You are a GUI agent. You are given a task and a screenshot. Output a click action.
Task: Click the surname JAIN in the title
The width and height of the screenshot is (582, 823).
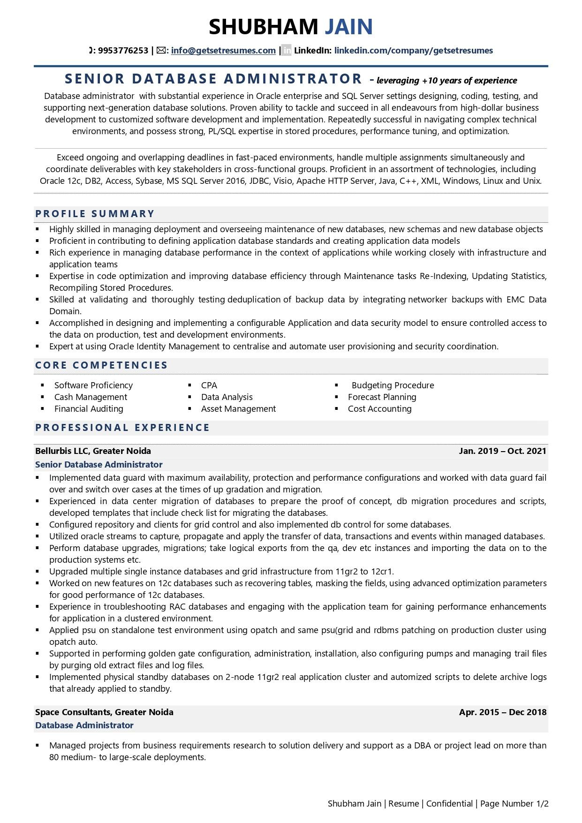click(349, 27)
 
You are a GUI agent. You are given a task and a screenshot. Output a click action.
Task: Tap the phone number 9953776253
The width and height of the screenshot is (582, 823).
click(123, 51)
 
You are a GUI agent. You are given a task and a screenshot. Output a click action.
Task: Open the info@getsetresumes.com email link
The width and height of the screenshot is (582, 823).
click(223, 51)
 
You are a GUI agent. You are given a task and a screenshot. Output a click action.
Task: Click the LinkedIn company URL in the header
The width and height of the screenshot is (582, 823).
click(413, 51)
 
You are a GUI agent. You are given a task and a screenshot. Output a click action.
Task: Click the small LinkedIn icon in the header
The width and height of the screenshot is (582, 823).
click(287, 51)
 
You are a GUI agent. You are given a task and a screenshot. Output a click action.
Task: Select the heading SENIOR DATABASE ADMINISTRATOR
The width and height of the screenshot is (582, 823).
click(213, 78)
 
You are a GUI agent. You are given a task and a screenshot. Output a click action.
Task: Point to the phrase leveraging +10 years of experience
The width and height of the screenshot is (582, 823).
click(446, 80)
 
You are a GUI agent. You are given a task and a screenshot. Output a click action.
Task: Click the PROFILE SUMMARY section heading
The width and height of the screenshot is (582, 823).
click(95, 214)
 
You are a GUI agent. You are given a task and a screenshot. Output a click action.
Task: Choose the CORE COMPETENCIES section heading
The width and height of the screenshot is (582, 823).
click(101, 365)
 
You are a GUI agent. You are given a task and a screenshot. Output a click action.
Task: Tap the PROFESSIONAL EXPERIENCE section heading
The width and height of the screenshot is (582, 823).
click(122, 428)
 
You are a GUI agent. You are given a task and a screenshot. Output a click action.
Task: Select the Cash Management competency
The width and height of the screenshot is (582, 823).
click(91, 397)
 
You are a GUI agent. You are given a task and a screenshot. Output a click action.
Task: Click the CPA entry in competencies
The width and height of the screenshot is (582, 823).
click(209, 385)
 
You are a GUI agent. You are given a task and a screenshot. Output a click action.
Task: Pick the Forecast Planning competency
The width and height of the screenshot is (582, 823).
click(382, 397)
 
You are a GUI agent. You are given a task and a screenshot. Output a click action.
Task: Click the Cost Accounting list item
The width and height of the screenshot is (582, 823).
click(379, 409)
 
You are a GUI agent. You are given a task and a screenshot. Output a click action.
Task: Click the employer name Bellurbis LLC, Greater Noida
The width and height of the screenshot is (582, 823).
click(93, 451)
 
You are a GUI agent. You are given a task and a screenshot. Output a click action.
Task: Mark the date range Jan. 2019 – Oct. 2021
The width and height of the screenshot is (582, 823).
click(502, 451)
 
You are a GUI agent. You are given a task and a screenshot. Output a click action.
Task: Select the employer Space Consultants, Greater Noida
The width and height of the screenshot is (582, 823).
click(104, 712)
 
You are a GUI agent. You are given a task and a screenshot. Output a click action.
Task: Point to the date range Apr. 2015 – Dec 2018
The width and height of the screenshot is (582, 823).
click(502, 712)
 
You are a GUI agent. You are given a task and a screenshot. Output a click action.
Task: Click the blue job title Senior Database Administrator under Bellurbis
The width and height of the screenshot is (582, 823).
click(98, 465)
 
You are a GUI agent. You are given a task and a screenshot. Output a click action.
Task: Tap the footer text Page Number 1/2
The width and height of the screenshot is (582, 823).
click(514, 804)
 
